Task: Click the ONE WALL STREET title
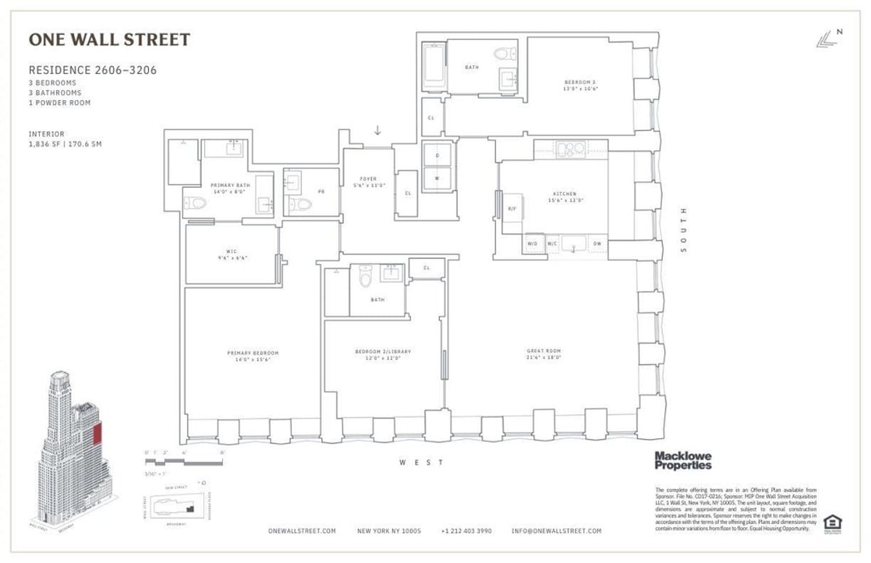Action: (x=109, y=40)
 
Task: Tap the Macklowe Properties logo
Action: (x=683, y=460)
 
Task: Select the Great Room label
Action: (x=544, y=354)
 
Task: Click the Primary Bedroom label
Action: (x=253, y=356)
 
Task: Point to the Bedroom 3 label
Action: (x=581, y=85)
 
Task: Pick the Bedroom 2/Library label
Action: (x=377, y=355)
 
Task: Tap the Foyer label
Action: (x=368, y=182)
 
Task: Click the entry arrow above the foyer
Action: (x=377, y=131)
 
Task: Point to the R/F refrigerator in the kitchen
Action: (x=512, y=207)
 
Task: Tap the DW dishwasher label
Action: (x=597, y=244)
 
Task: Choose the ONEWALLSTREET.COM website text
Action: (x=302, y=531)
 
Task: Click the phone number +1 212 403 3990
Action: (x=466, y=531)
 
